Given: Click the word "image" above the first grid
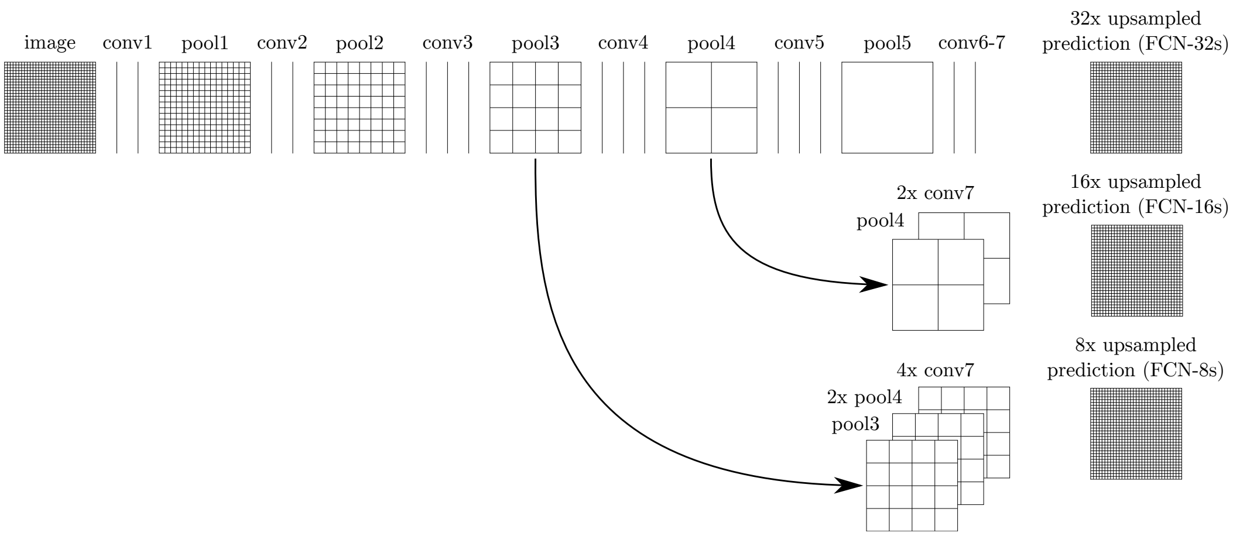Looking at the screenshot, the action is pyautogui.click(x=50, y=44).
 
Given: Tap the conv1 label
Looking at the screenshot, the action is pyautogui.click(x=127, y=43).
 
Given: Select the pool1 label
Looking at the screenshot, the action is pyautogui.click(x=204, y=44).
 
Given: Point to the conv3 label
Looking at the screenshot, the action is pyautogui.click(x=447, y=43).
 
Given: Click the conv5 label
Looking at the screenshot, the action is pyautogui.click(x=799, y=43).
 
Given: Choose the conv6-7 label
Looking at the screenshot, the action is pyautogui.click(x=971, y=43).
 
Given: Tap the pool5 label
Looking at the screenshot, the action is pyautogui.click(x=887, y=44).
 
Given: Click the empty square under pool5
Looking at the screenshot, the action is pyautogui.click(x=887, y=108).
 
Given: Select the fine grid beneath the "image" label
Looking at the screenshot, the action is pyautogui.click(x=50, y=108).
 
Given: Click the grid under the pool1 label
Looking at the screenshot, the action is pyautogui.click(x=204, y=108).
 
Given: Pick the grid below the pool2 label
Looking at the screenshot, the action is pyautogui.click(x=359, y=108).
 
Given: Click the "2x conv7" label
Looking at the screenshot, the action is pyautogui.click(x=935, y=193).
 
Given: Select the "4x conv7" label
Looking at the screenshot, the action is pyautogui.click(x=935, y=370).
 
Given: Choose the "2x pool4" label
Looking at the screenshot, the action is pyautogui.click(x=864, y=398).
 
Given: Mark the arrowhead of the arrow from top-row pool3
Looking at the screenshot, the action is pyautogui.click(x=849, y=485).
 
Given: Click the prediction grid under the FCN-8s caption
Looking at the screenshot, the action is pyautogui.click(x=1136, y=434).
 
